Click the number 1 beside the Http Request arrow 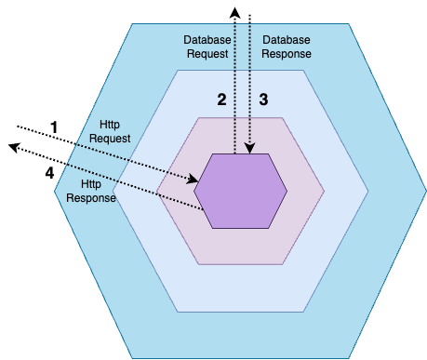pyautogui.click(x=54, y=126)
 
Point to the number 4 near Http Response pyautogui.click(x=48, y=172)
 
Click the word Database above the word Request pyautogui.click(x=207, y=41)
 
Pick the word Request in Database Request pyautogui.click(x=207, y=54)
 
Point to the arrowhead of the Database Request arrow pyautogui.click(x=235, y=12)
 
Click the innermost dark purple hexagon pyautogui.click(x=241, y=191)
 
